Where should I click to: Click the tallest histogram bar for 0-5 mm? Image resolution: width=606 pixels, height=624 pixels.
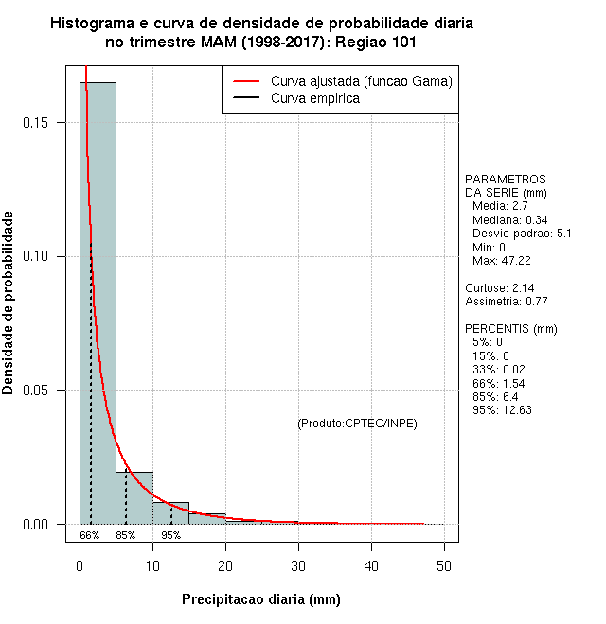(98, 303)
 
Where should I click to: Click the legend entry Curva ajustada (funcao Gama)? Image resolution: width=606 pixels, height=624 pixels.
(361, 81)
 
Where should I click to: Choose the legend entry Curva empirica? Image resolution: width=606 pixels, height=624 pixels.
(314, 98)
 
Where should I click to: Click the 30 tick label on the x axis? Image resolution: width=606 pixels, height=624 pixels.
(298, 565)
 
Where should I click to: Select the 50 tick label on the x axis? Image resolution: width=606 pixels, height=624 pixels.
(444, 565)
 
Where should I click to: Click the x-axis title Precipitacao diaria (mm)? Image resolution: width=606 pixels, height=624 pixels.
(260, 599)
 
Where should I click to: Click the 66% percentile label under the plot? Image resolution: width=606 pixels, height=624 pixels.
(89, 535)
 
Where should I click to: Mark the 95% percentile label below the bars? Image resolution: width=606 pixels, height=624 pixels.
(170, 535)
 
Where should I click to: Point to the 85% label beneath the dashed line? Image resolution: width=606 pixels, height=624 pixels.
(126, 535)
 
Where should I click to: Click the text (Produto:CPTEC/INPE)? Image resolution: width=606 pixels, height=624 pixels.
(357, 423)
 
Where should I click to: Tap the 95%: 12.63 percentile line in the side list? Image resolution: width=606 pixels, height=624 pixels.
(504, 410)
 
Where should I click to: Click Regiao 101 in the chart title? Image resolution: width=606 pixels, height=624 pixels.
(371, 42)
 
